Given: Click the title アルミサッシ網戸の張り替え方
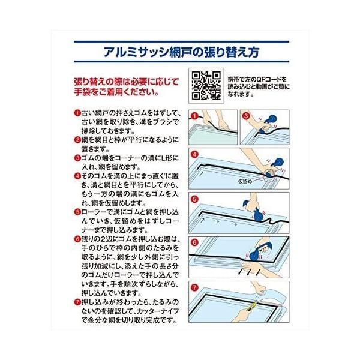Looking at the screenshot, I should [179, 50].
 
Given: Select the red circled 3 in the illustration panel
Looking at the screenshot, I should [247, 113].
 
